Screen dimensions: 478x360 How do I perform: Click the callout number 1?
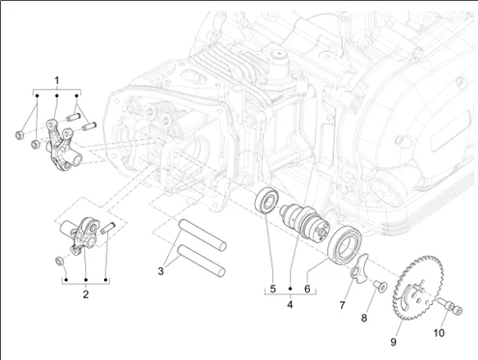[57, 80]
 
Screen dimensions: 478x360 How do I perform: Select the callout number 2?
[86, 294]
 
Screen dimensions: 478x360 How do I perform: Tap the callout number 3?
[160, 271]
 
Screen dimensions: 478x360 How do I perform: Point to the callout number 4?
[290, 304]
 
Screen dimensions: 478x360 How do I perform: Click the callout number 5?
[273, 289]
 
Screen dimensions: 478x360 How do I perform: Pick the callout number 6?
[307, 289]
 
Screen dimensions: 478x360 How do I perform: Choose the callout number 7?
[342, 304]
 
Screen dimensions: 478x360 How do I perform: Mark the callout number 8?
[364, 318]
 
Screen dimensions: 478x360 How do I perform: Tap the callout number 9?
[393, 342]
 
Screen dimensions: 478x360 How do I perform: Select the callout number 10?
[439, 333]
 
